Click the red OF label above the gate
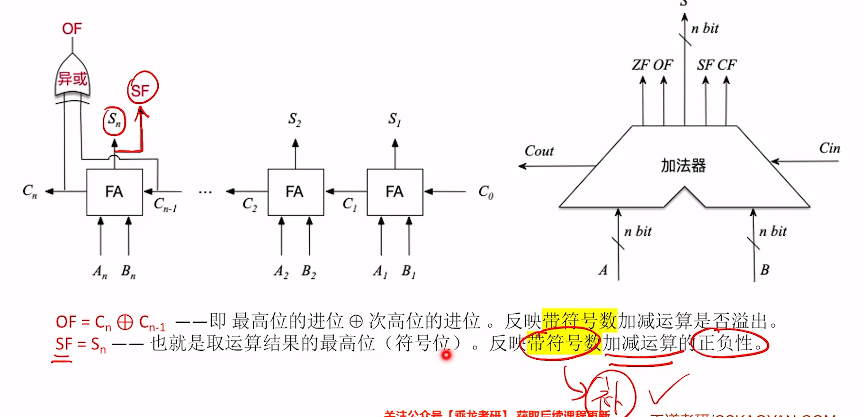72,29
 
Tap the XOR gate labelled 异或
72,78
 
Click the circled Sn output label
114,120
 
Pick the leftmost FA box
114,192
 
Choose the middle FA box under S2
296,192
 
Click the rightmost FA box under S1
395,192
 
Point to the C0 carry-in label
486,192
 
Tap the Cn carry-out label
30,191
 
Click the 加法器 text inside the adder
683,166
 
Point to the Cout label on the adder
539,151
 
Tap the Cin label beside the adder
829,148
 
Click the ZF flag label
641,65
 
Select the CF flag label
727,65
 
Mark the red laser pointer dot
446,355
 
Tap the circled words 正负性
727,343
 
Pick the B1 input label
408,271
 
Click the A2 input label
281,272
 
